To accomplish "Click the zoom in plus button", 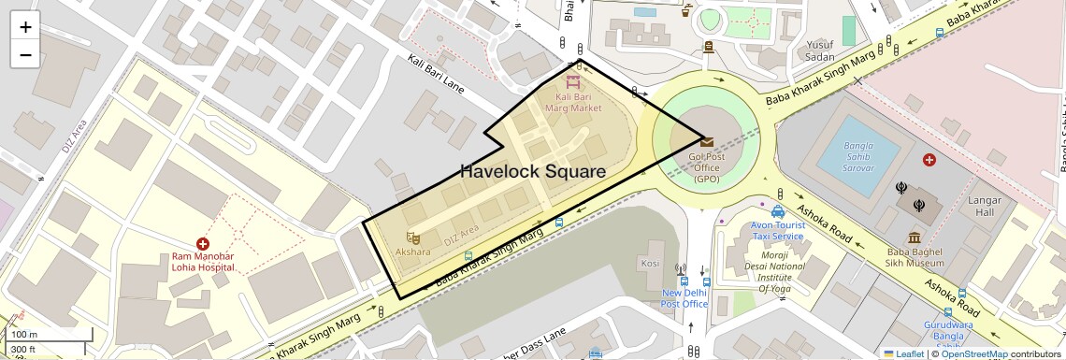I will point(25,26).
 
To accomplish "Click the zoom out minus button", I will point(25,54).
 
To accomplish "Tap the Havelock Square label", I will point(532,171).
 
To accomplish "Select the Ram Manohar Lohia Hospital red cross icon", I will point(202,243).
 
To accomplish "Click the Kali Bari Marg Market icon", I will point(572,81).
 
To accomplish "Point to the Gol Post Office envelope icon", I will point(707,142).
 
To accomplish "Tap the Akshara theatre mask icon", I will point(412,238).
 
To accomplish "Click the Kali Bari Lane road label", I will point(436,73).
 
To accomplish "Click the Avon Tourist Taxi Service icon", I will point(778,211).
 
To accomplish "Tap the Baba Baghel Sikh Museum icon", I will point(915,238).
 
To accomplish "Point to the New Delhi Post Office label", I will point(684,298).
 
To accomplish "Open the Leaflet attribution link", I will point(902,353).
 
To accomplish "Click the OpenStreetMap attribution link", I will point(973,353).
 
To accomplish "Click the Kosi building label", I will point(650,264).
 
